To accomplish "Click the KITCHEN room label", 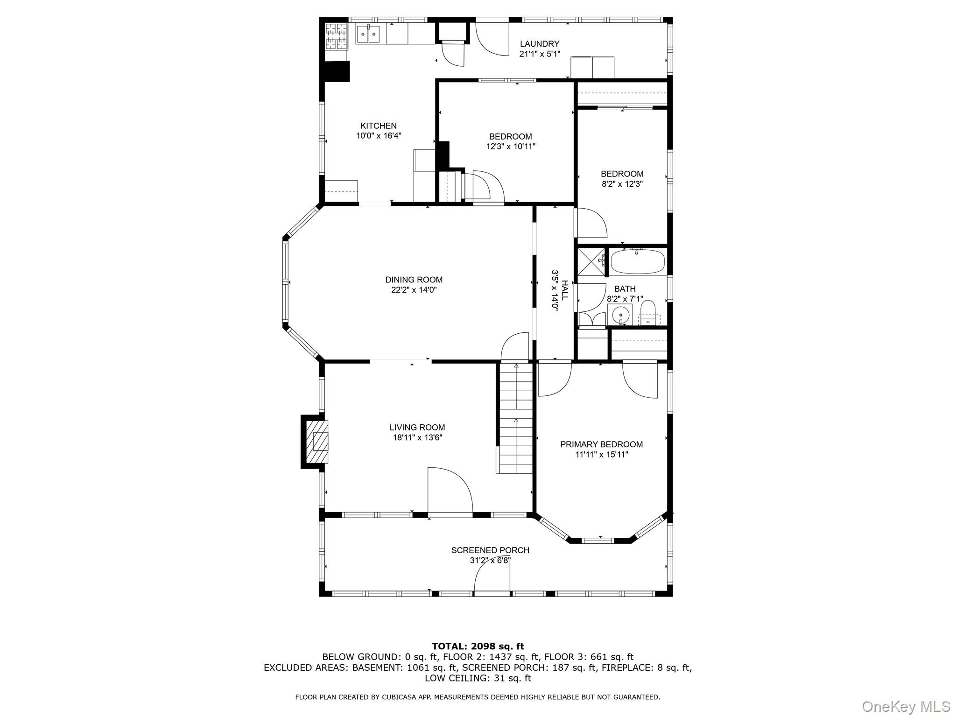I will [378, 126].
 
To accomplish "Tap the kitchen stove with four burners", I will [336, 35].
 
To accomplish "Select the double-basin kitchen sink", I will [368, 34].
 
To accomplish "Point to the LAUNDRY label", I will [540, 44].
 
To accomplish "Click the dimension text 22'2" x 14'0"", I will [414, 290].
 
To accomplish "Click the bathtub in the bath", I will [637, 262].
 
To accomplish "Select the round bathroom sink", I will [620, 316].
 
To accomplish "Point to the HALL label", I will [565, 290].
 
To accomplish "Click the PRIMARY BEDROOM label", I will [601, 444].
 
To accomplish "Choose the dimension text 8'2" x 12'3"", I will [622, 184].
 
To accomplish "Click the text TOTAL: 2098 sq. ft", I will [478, 647].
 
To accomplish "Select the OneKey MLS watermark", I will [906, 706].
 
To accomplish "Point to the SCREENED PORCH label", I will [490, 550].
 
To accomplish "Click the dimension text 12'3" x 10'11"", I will [510, 147].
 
